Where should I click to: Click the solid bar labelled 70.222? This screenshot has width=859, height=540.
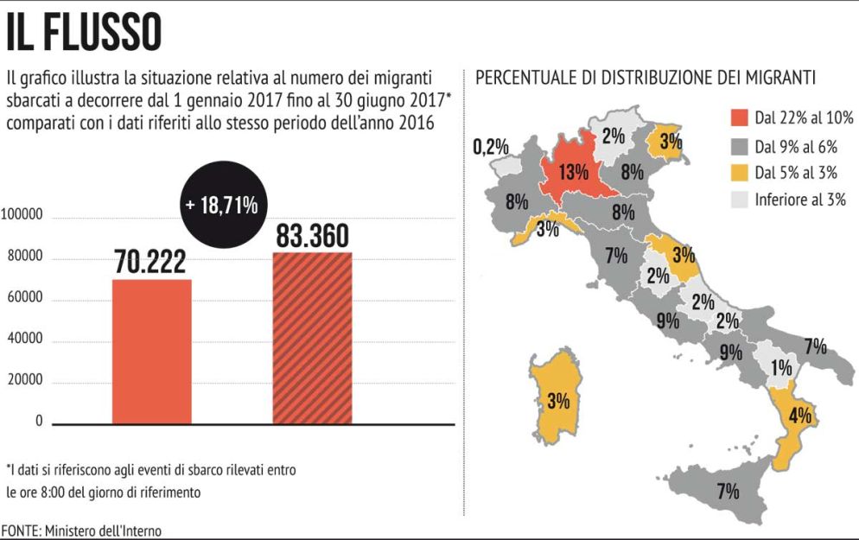click(152, 351)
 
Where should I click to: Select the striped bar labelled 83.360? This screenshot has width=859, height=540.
click(312, 338)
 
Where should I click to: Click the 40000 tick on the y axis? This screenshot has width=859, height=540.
click(25, 340)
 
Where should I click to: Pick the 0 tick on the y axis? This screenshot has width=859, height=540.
click(39, 422)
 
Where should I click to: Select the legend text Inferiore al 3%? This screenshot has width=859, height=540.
click(799, 200)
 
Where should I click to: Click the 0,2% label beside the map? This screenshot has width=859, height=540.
click(491, 147)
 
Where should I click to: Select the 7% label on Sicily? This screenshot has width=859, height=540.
click(728, 492)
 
